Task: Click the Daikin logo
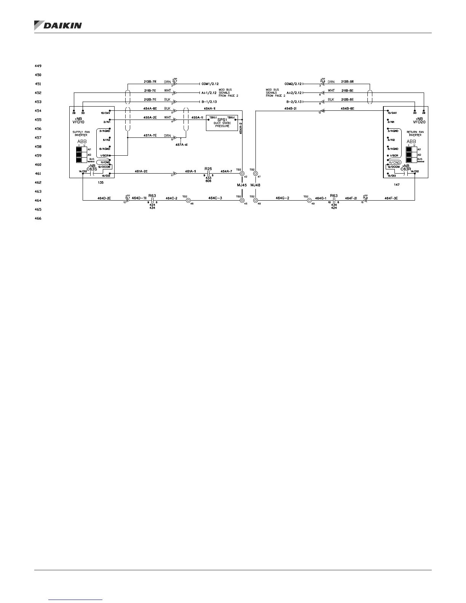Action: point(58,26)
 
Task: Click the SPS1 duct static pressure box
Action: point(222,123)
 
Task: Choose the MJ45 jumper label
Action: point(242,185)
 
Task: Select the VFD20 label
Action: point(418,122)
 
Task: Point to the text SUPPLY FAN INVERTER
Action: point(81,133)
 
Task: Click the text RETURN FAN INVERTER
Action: point(416,133)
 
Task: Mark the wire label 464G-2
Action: point(283,198)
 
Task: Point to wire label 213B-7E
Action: point(150,81)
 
